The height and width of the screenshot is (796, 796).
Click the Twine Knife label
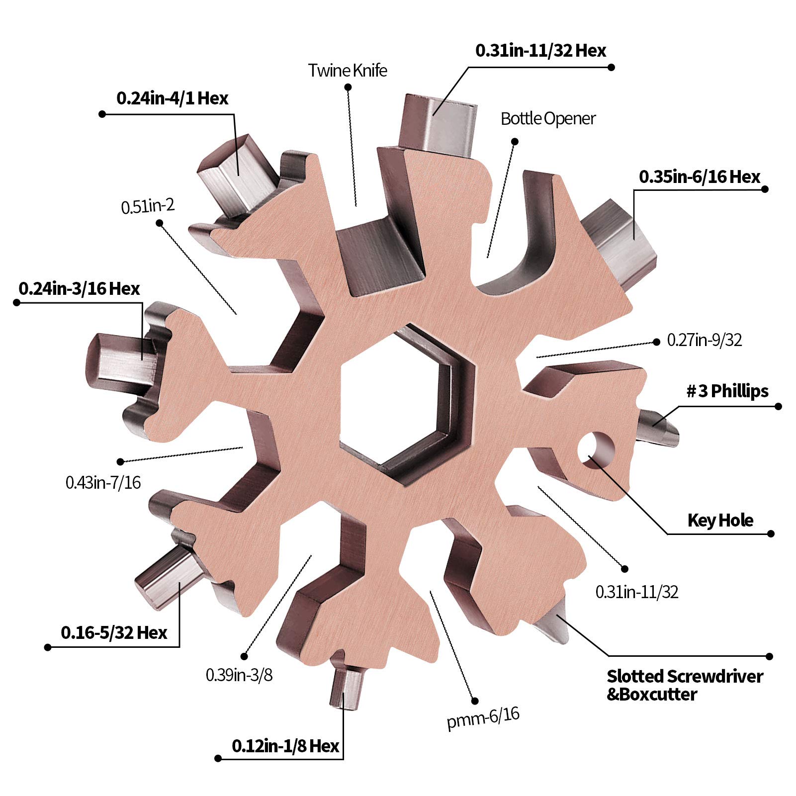pos(348,70)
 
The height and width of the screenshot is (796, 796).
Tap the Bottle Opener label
pos(548,118)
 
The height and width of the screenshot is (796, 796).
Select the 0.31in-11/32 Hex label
pos(541,50)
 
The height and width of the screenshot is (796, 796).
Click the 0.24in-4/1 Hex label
pos(173,98)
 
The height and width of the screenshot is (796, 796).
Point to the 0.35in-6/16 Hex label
pos(700,177)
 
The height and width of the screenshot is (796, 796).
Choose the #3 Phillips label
pos(727,391)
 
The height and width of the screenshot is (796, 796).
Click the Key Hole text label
pos(720,520)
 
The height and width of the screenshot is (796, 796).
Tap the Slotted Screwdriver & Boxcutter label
pos(685,685)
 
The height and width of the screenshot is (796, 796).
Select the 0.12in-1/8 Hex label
pos(285,746)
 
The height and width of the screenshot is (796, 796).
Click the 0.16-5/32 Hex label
pos(114,632)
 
